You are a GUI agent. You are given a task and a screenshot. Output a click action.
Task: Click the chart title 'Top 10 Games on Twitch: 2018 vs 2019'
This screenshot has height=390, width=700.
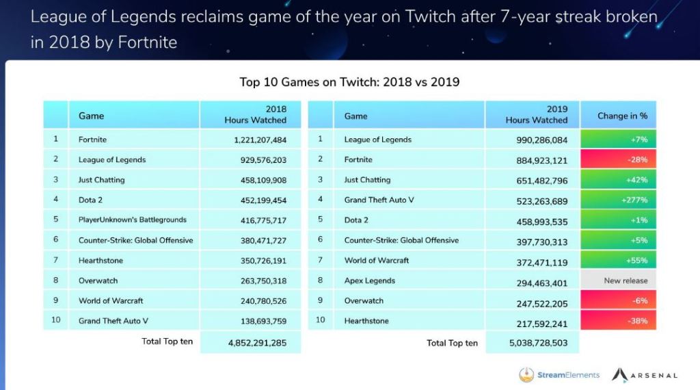pyautogui.click(x=349, y=82)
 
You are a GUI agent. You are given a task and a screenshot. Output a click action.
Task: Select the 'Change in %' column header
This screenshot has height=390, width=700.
pyautogui.click(x=618, y=116)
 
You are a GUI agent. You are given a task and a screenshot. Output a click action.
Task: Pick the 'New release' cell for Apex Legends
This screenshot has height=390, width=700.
pyautogui.click(x=618, y=281)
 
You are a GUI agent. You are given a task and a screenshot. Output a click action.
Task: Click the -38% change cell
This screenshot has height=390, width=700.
pyautogui.click(x=618, y=321)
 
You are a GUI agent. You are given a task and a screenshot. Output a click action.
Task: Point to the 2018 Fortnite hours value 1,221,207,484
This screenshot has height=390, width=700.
pyautogui.click(x=250, y=140)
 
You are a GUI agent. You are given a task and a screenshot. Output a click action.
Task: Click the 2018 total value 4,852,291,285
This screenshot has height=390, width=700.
pyautogui.click(x=250, y=342)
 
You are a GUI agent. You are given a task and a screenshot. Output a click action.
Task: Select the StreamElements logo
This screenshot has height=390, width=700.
pyautogui.click(x=559, y=374)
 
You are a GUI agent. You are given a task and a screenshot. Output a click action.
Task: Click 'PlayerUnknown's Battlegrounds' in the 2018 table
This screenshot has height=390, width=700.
pyautogui.click(x=132, y=220)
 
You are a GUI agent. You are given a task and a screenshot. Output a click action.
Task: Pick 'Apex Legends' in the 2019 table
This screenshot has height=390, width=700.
pyautogui.click(x=370, y=281)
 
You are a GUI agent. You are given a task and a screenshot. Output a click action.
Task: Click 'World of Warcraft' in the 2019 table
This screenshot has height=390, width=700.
pyautogui.click(x=377, y=260)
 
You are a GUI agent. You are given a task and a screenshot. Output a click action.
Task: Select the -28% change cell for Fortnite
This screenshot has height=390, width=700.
pyautogui.click(x=618, y=159)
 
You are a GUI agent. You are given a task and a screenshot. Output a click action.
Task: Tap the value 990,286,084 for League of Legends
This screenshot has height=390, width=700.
pyautogui.click(x=533, y=140)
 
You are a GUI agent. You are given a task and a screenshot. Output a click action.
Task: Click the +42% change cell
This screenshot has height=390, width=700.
pyautogui.click(x=618, y=180)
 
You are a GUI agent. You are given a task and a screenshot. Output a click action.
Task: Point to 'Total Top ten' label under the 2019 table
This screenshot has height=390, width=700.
pyautogui.click(x=452, y=343)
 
